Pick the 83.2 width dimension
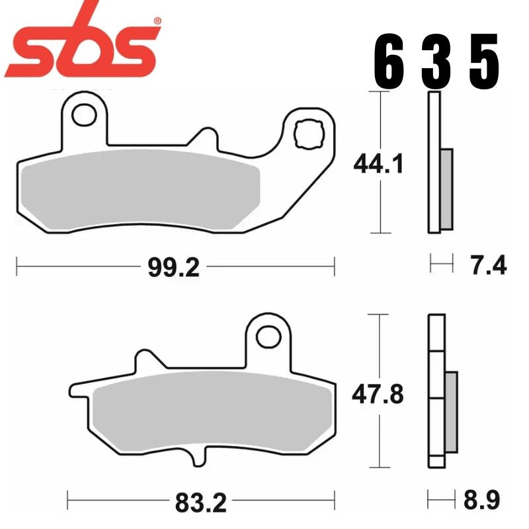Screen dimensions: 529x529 click(201, 504)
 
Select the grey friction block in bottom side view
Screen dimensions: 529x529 click(450, 412)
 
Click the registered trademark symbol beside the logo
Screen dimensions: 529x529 click(157, 22)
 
